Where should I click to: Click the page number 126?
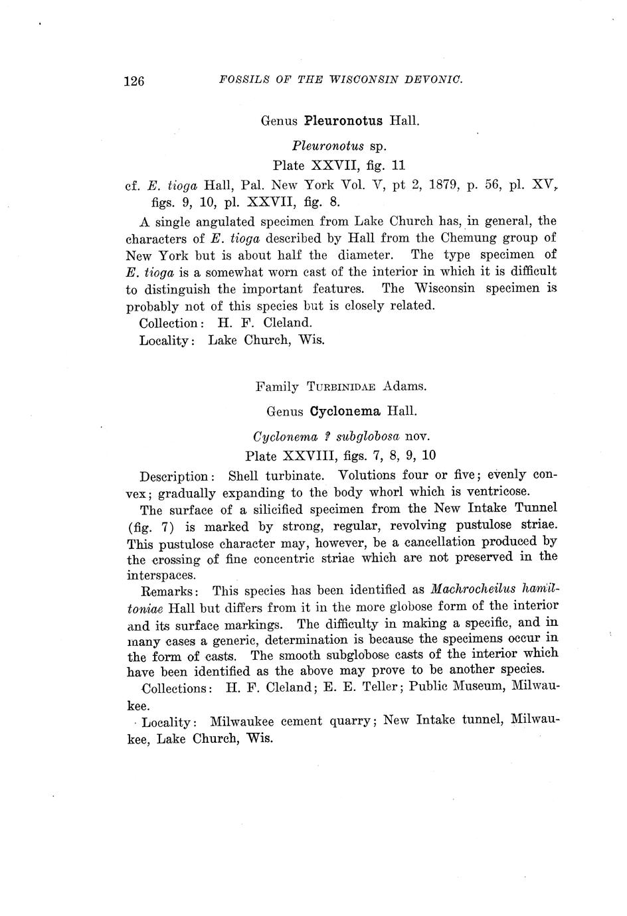click(134, 81)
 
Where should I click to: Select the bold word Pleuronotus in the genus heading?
click(343, 121)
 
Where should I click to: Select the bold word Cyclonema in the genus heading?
click(345, 411)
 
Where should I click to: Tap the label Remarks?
click(173, 590)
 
